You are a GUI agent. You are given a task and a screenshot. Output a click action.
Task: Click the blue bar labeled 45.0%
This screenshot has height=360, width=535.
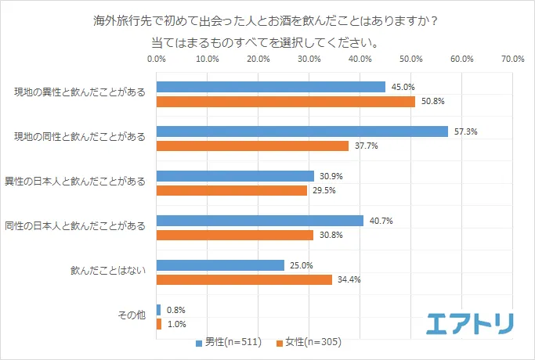click(271, 87)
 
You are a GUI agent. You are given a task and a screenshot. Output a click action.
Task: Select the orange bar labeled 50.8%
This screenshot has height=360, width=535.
click(286, 101)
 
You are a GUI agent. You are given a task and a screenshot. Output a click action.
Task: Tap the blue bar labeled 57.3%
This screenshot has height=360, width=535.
click(302, 131)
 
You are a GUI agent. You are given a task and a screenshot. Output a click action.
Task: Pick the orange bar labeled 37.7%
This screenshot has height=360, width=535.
click(252, 146)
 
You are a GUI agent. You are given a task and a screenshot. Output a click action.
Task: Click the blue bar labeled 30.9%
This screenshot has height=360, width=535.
click(235, 176)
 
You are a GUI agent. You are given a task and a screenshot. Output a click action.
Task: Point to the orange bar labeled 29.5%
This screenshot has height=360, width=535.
click(232, 190)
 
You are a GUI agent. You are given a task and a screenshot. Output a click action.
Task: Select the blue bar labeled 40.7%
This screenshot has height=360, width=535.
click(260, 221)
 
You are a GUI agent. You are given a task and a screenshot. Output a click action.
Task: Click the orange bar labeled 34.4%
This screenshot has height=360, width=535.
click(244, 279)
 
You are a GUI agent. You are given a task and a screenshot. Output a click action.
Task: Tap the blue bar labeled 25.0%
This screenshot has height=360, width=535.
click(220, 265)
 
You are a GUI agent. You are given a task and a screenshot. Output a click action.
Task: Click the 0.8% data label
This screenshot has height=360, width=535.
click(175, 310)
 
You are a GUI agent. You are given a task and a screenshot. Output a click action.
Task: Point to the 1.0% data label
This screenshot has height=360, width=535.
click(175, 324)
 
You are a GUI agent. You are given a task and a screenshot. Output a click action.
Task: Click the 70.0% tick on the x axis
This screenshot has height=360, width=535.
click(512, 59)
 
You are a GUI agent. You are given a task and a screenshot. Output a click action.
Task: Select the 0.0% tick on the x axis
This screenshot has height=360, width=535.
click(157, 59)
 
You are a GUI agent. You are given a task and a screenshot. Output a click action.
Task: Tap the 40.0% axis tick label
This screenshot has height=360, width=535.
click(360, 59)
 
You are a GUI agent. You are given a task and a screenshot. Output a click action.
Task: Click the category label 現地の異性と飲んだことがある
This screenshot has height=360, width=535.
click(80, 92)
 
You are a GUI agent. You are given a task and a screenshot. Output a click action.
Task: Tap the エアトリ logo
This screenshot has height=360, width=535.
click(469, 322)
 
